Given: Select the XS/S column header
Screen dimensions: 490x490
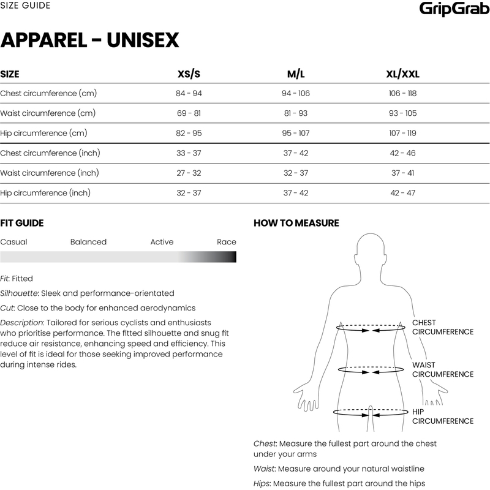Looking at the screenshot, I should (x=189, y=74).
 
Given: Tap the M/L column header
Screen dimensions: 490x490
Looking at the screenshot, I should (x=296, y=74).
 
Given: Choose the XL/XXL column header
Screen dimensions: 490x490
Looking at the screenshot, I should (x=403, y=74).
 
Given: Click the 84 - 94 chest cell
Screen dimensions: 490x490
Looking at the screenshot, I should (x=189, y=94).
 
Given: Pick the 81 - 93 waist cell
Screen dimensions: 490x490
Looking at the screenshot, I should (x=296, y=113).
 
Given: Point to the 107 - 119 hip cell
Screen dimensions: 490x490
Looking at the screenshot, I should (x=403, y=133).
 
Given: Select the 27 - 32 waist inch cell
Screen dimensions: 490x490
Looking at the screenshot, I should (x=189, y=173).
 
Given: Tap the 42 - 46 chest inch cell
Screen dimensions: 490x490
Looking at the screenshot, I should (x=403, y=153).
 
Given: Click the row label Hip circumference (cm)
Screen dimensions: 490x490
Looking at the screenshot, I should (x=42, y=133).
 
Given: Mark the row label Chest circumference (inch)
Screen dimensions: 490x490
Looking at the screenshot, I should (x=50, y=153).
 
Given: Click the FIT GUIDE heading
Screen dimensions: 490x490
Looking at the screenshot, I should (x=22, y=224).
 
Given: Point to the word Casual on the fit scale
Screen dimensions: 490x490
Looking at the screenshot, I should (x=13, y=242).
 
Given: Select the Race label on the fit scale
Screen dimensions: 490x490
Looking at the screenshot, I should (x=226, y=242).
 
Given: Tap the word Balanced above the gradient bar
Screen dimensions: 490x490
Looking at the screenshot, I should (x=88, y=242).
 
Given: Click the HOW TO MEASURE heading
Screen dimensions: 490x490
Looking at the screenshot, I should (x=296, y=224).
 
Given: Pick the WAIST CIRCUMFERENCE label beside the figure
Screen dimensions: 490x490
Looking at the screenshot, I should (x=442, y=369).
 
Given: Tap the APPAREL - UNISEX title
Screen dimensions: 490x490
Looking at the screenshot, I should (x=89, y=40).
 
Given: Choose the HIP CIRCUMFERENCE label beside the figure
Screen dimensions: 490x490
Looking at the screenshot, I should (x=442, y=417).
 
